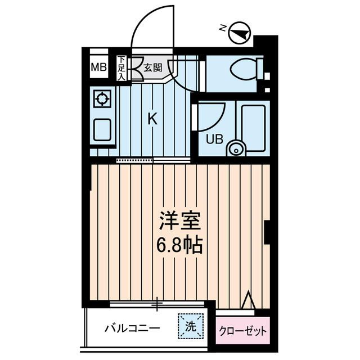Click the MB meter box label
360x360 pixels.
tap(98, 68)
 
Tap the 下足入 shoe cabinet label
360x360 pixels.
tap(121, 68)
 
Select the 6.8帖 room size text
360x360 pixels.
tap(179, 246)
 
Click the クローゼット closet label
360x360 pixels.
tap(242, 331)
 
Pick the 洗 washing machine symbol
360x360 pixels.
tap(189, 326)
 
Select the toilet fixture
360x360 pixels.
tap(245, 71)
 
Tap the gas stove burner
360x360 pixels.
tap(102, 100)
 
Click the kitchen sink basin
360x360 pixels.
tap(102, 130)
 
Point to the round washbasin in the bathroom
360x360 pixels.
tap(236, 149)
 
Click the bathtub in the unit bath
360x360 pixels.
tap(255, 127)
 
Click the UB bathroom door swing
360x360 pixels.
tap(210, 115)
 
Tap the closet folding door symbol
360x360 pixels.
tap(248, 302)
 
